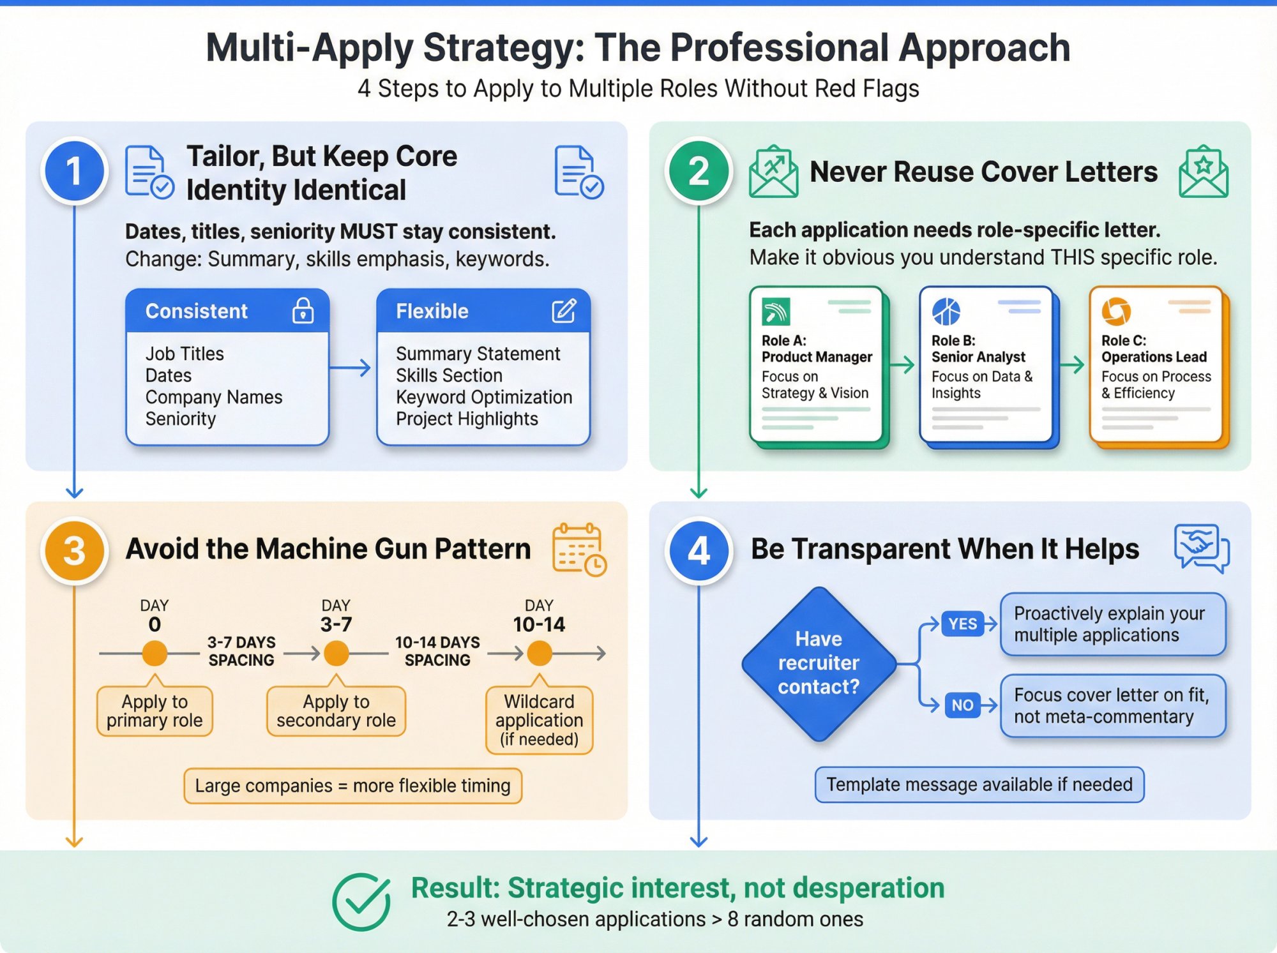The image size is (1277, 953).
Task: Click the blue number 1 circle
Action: point(75,170)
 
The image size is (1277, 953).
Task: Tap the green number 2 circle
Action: point(699,170)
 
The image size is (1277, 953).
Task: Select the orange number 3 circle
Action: point(75,550)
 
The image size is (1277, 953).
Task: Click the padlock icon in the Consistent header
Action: point(303,311)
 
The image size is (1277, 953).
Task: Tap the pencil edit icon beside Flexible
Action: point(564,311)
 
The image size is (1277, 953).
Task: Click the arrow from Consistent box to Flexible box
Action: point(351,368)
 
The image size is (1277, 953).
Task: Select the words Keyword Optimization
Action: point(483,397)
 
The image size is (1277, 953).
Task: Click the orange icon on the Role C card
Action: point(1115,311)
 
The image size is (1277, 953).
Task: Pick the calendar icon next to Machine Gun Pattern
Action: point(578,549)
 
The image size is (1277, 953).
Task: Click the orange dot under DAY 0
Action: point(155,653)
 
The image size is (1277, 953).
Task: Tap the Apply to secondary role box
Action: point(336,711)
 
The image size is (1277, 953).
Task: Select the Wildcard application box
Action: point(540,719)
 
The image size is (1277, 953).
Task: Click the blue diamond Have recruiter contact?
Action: point(819,663)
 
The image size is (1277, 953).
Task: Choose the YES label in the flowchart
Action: point(962,624)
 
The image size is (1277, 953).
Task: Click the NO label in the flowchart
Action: point(962,705)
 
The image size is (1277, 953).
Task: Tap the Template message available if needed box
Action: point(979,784)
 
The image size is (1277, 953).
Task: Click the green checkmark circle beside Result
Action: point(361,901)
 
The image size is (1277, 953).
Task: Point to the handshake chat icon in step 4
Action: point(1201,548)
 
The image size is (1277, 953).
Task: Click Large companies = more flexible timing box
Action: point(352,786)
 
